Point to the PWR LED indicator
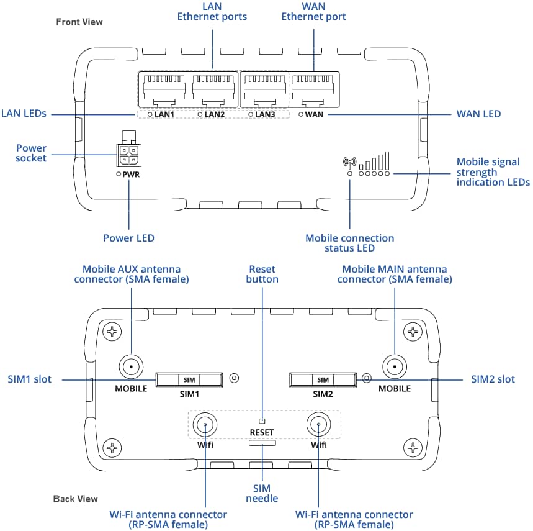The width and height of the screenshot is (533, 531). point(119,175)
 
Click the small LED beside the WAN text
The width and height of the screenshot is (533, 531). point(301,114)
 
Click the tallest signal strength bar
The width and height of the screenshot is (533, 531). point(387,161)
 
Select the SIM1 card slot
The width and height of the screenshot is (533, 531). point(189,379)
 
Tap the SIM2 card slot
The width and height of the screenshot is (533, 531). point(323,379)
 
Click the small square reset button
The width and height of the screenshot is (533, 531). point(262,420)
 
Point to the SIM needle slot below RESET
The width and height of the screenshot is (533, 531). point(262,443)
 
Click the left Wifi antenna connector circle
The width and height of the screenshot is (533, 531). point(204,425)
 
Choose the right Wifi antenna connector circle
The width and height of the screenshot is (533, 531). point(318,425)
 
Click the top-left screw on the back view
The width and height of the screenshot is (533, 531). point(112,333)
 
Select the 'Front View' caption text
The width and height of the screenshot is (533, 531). point(79,22)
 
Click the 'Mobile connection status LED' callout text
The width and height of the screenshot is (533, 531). point(349,243)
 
